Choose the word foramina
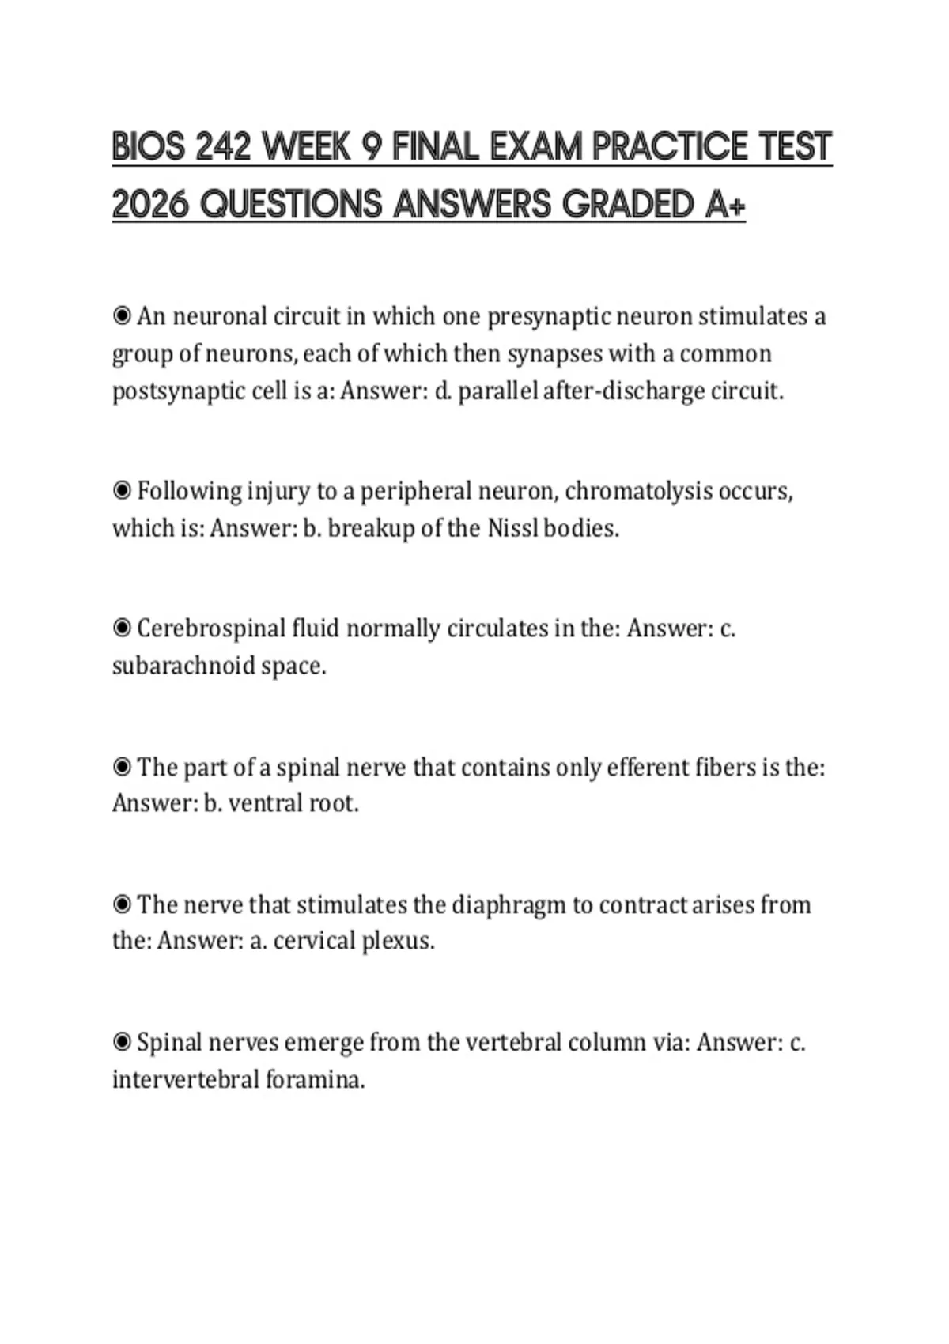click(x=316, y=1079)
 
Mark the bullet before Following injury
click(x=122, y=491)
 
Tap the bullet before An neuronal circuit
click(x=122, y=316)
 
